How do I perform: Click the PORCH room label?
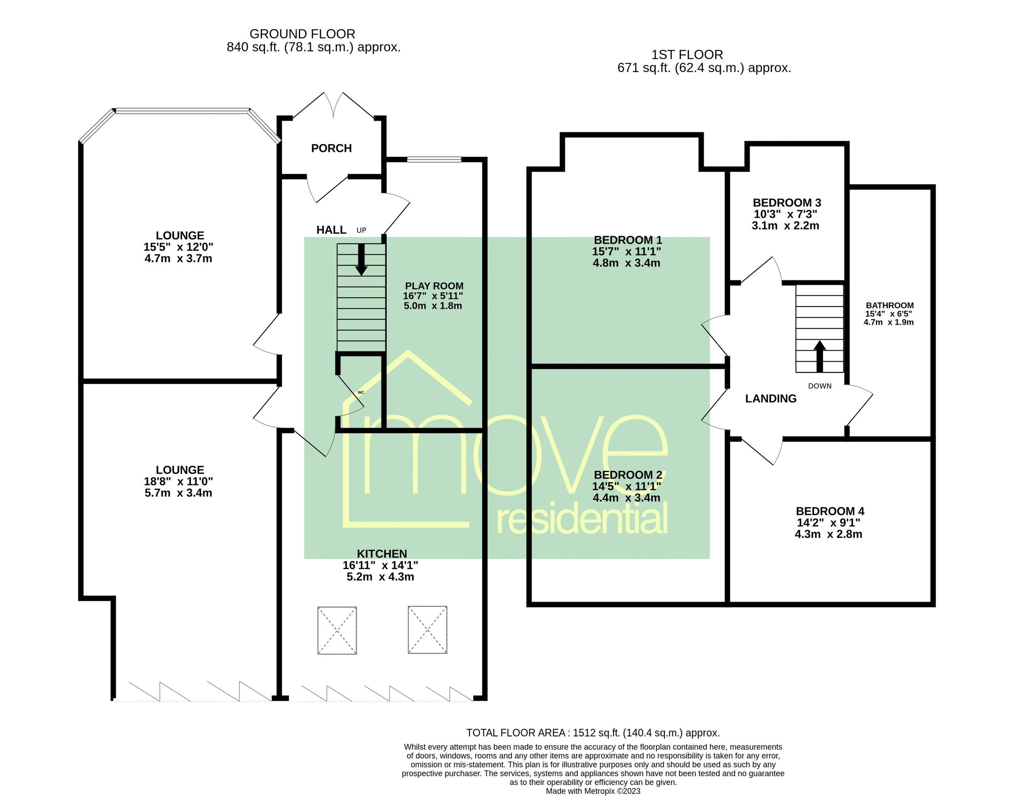tap(331, 148)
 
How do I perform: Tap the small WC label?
tap(361, 392)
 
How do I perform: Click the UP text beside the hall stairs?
tap(361, 230)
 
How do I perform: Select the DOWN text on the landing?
tap(820, 386)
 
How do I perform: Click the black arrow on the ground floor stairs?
tap(361, 260)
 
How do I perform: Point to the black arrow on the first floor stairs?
tap(820, 356)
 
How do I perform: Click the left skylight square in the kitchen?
tap(337, 630)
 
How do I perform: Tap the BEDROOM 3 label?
tap(787, 203)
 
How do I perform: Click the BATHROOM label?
tap(889, 306)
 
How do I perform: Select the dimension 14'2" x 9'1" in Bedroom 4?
tap(828, 523)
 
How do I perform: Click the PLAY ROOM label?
tap(434, 286)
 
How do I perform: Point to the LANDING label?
tap(770, 398)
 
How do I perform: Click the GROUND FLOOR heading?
tap(302, 34)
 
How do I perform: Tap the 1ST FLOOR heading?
tap(686, 55)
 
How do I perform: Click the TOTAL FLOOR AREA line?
tap(592, 733)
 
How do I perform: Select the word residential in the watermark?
tap(582, 520)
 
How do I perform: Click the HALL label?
tap(331, 230)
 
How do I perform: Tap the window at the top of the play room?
tap(434, 159)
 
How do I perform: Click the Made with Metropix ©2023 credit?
tap(592, 791)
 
